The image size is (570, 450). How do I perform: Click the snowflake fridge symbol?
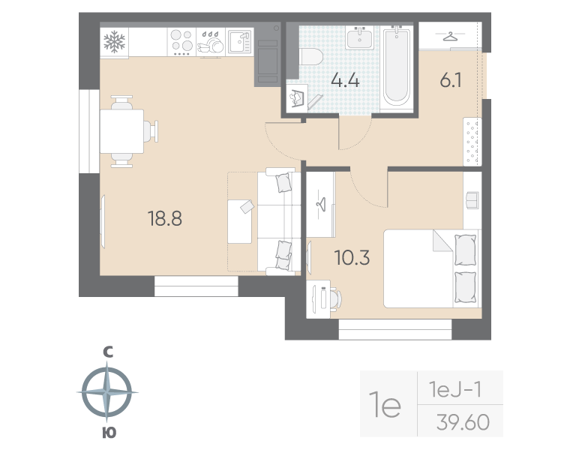tap(115, 41)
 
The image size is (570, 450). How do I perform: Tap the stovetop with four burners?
tap(181, 42)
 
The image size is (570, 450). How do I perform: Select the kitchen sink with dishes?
tap(240, 41)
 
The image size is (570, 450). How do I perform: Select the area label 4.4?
tap(346, 80)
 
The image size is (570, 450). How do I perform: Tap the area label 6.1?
tap(450, 80)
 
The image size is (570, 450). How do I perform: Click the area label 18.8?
tap(165, 219)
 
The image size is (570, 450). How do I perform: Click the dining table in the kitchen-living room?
tap(121, 131)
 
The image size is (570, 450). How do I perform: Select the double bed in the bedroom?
tap(431, 268)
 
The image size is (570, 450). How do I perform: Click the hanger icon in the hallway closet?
tap(449, 35)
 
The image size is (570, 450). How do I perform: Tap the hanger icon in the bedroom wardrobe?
tap(321, 202)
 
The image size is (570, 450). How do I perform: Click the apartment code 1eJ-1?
tap(458, 389)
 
